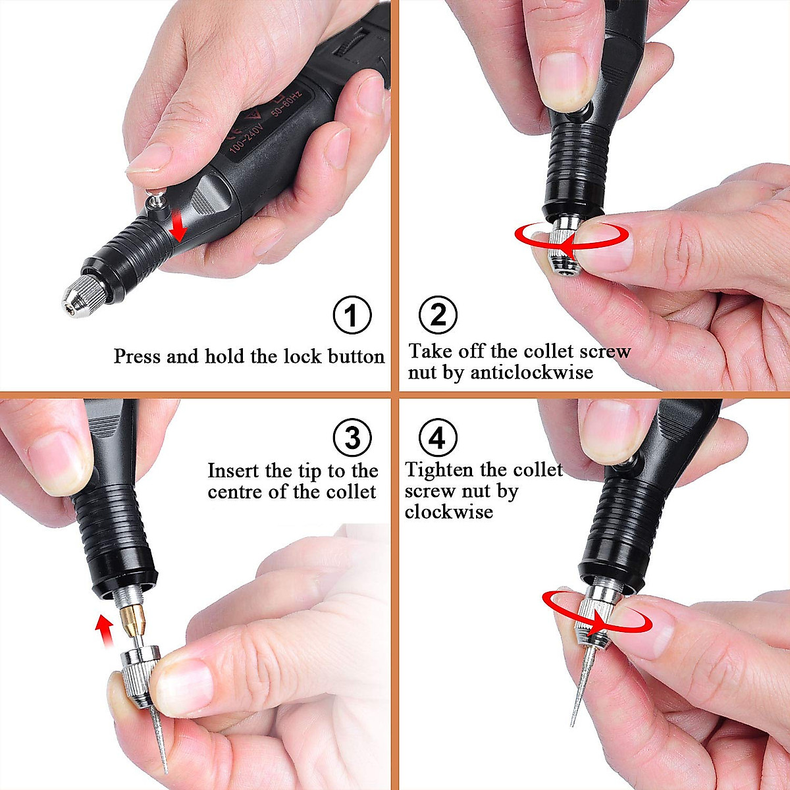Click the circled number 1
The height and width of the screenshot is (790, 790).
(x=352, y=315)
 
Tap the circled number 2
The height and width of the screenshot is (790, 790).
(x=438, y=315)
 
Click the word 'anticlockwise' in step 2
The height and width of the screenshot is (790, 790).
(x=531, y=373)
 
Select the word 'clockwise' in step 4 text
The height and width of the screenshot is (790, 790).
(x=448, y=512)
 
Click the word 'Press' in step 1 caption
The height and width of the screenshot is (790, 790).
(x=138, y=356)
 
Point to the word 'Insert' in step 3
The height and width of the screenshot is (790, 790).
(x=234, y=471)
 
